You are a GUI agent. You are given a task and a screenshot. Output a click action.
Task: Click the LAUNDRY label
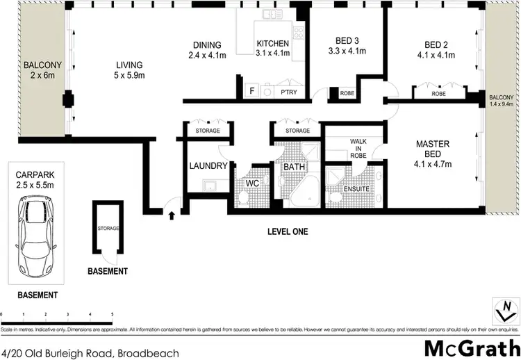(x=208, y=166)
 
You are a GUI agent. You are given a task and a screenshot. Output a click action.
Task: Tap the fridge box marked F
(x=251, y=91)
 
